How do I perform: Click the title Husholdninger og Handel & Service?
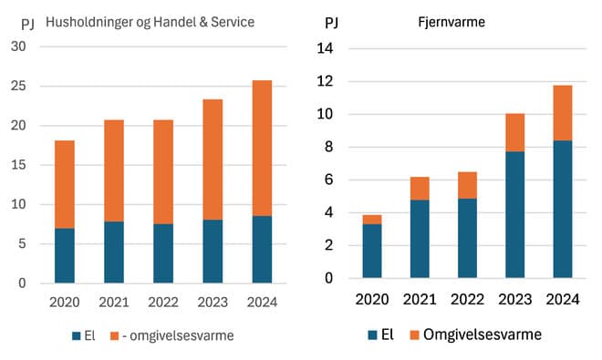150,21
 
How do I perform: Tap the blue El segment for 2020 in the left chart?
65,255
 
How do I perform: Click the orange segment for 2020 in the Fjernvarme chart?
372,220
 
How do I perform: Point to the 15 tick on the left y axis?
18,165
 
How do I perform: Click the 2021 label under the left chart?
114,302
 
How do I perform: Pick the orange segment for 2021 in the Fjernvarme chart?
420,188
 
